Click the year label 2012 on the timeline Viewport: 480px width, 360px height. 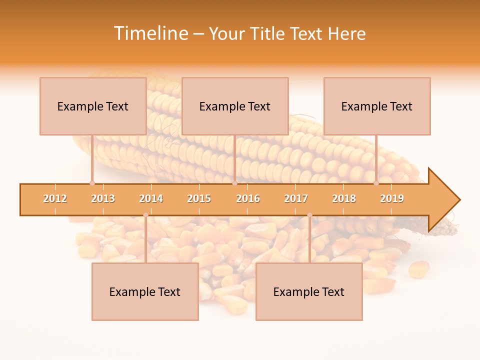pyautogui.click(x=55, y=198)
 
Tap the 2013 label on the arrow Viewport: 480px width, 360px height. pyautogui.click(x=103, y=198)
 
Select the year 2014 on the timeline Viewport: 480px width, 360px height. pyautogui.click(x=151, y=198)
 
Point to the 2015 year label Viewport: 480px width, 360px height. pyautogui.click(x=199, y=198)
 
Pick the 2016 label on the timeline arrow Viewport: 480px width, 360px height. pyautogui.click(x=248, y=198)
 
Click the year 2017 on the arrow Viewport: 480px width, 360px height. pyautogui.click(x=296, y=198)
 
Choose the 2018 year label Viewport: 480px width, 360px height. pyautogui.click(x=344, y=198)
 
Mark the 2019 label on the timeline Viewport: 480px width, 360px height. pyautogui.click(x=392, y=198)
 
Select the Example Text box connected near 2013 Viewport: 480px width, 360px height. pyautogui.click(x=93, y=106)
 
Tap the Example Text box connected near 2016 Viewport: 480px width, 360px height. pyautogui.click(x=235, y=106)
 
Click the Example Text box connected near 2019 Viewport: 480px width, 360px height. pyautogui.click(x=377, y=106)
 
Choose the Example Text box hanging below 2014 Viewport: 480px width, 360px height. pyautogui.click(x=145, y=291)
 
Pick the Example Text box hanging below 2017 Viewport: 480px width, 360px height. pyautogui.click(x=309, y=291)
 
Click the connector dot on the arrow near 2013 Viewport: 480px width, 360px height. pyautogui.click(x=92, y=183)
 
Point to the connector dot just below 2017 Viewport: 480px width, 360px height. pyautogui.click(x=309, y=215)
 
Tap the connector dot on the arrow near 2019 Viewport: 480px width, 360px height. pyautogui.click(x=376, y=183)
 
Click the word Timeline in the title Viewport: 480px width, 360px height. pyautogui.click(x=149, y=33)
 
